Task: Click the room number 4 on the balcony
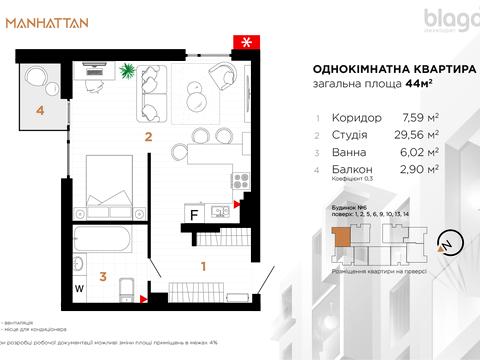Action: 41,111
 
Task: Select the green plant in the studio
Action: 129,70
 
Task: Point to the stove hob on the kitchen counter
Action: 239,182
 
